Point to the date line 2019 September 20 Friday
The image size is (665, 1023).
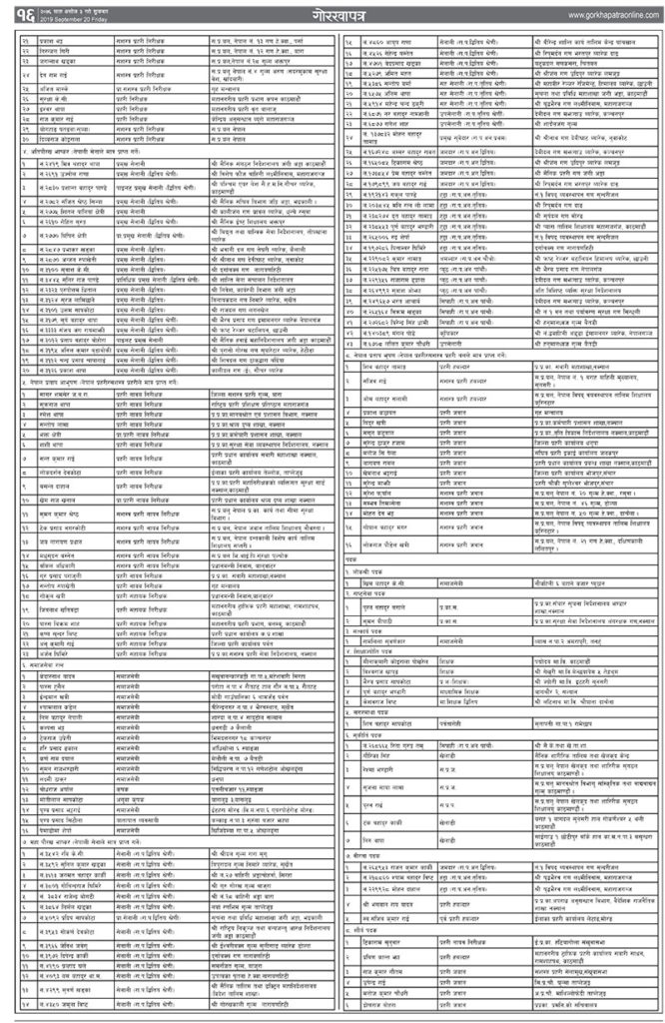click(x=75, y=22)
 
